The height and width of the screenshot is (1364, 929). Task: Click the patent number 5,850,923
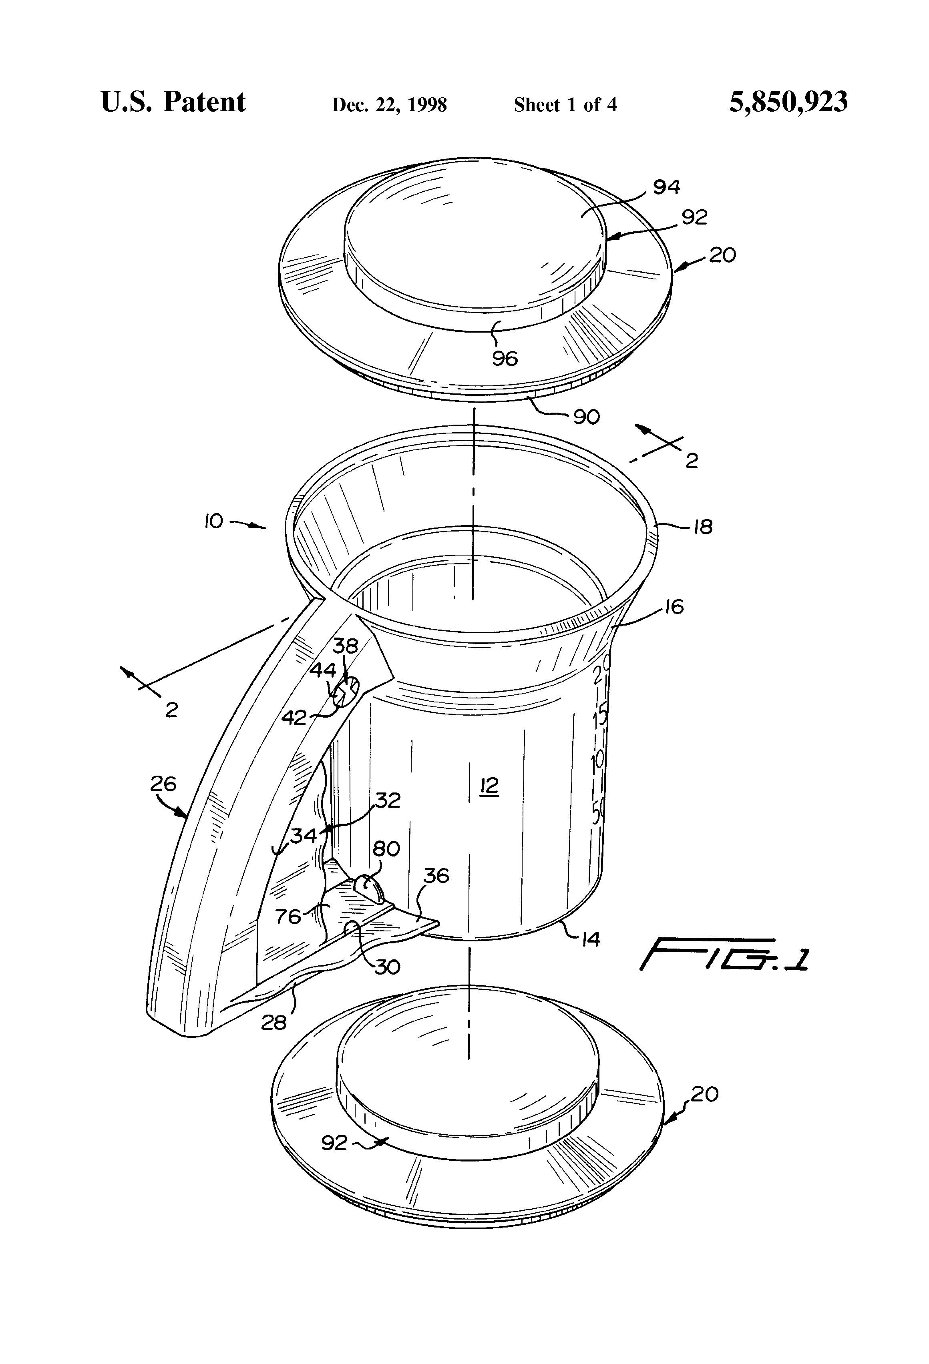click(788, 102)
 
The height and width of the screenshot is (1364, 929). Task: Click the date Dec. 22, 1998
click(389, 105)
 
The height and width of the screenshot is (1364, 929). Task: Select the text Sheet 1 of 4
click(565, 105)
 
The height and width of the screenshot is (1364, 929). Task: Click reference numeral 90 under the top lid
click(586, 417)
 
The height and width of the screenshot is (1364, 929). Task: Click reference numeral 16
click(674, 607)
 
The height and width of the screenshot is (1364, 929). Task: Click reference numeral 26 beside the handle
click(163, 784)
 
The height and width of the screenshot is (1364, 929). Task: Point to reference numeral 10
click(214, 521)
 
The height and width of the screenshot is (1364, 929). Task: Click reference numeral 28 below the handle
click(273, 1023)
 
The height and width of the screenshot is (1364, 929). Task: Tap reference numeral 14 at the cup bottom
click(590, 940)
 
